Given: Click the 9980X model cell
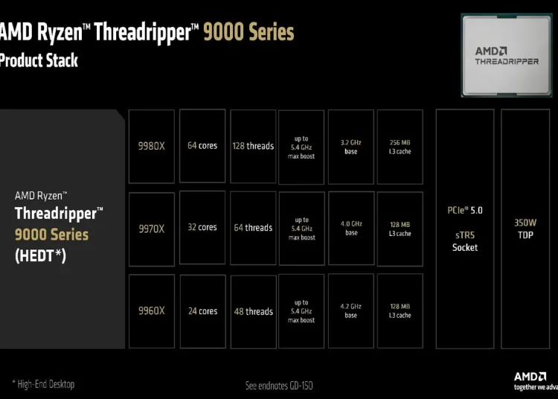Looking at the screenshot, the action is [152, 147].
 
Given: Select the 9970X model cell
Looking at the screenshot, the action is [152, 229].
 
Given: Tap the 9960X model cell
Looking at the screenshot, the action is [152, 311].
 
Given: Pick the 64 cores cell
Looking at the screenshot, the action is [202, 146].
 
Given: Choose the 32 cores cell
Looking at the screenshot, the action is [202, 228].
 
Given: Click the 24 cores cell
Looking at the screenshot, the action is [203, 311].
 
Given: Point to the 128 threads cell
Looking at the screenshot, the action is [253, 147].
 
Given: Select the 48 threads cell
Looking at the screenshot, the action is [254, 312].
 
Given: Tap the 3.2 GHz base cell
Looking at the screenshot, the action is [351, 147].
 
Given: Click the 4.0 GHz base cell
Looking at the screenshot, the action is [351, 228].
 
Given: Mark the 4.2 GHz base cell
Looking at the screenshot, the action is [351, 310].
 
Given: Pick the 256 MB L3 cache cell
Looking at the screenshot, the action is [400, 147].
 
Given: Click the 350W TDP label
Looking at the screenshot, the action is [525, 229].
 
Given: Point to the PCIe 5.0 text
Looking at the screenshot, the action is [465, 211].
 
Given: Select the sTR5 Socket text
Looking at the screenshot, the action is [465, 241].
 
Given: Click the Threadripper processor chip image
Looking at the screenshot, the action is [507, 55].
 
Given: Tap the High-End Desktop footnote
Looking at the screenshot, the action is [43, 384].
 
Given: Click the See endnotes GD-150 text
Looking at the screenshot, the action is [279, 386].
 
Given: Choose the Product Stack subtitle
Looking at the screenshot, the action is [39, 60].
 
